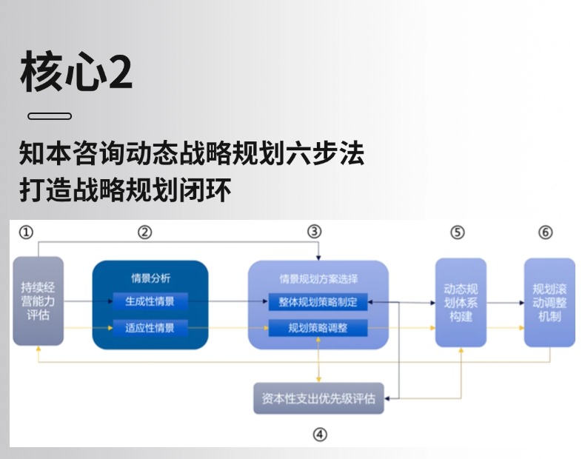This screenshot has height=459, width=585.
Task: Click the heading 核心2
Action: point(77,72)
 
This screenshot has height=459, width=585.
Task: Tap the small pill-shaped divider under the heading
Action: point(50,116)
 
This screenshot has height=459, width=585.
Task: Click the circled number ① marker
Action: point(26,232)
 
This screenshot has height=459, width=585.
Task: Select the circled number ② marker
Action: point(145,232)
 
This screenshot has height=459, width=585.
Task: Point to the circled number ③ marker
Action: point(315,232)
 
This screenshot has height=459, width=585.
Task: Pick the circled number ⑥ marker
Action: point(546,232)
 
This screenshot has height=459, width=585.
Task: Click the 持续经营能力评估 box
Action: point(37,301)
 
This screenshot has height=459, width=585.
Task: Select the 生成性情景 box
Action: point(150,301)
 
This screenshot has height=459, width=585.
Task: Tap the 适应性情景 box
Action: point(150,326)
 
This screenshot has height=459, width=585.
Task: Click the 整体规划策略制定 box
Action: point(318,302)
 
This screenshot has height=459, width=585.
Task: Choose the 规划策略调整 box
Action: point(318,327)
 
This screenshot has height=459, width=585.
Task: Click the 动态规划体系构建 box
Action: point(461,302)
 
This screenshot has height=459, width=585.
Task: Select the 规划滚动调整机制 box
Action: point(549,302)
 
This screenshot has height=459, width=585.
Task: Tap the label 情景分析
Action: point(150,278)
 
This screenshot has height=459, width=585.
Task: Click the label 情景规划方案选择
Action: point(318,279)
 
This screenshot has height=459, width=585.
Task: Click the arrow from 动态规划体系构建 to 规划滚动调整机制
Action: point(505,302)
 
